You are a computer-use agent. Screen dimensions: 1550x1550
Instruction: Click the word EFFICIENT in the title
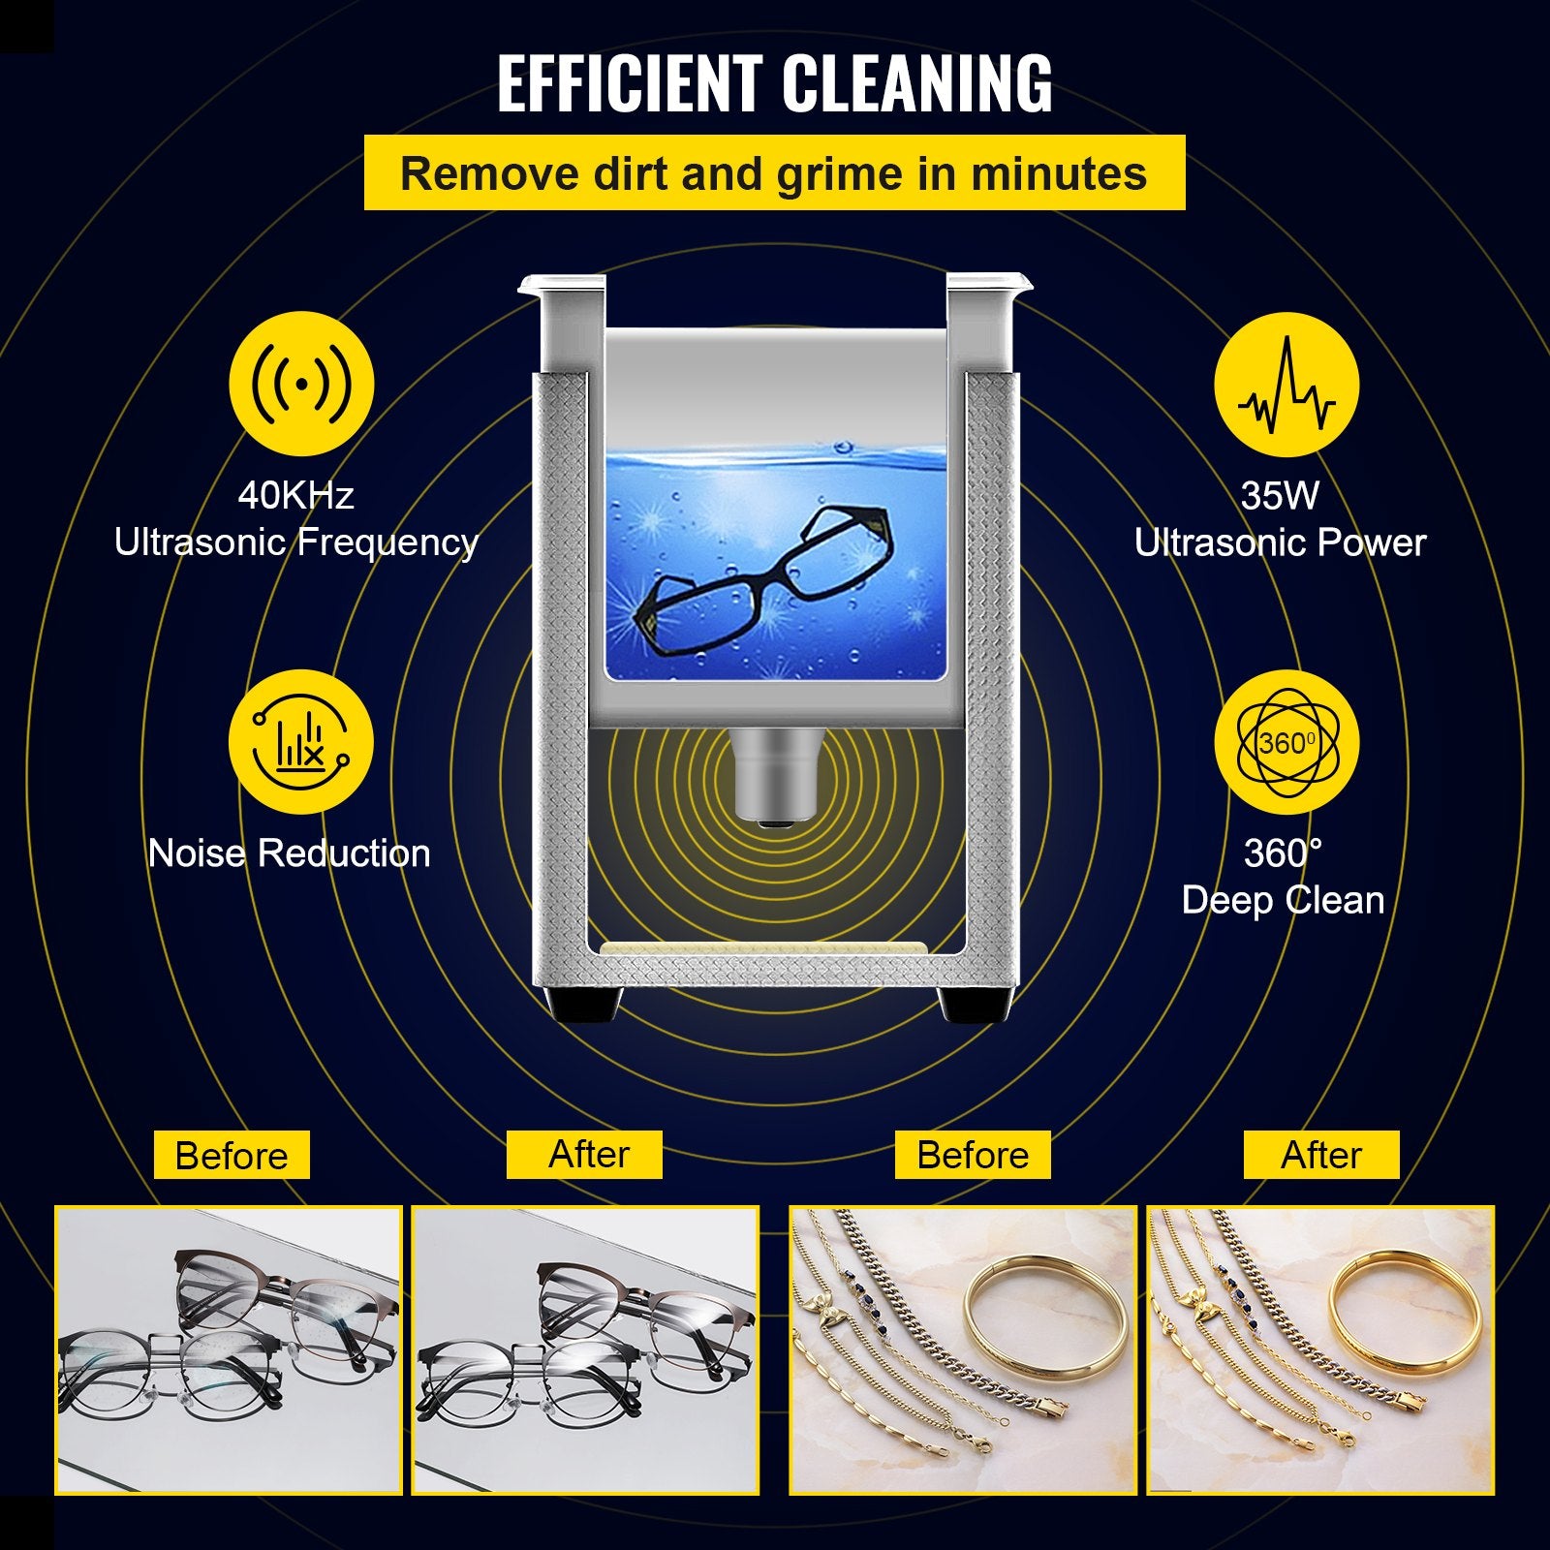(x=630, y=84)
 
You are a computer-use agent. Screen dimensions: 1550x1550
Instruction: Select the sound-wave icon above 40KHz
(x=301, y=385)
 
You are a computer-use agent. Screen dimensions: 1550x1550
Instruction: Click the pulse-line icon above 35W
(x=1286, y=385)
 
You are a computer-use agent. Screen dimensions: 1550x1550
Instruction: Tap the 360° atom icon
(x=1286, y=743)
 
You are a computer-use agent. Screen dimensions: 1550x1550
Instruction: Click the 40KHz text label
(x=295, y=495)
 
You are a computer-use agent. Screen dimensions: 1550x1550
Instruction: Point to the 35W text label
(x=1280, y=495)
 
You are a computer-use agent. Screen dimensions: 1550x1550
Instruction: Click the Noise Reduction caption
(x=289, y=853)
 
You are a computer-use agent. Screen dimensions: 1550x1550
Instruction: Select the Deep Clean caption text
(x=1283, y=901)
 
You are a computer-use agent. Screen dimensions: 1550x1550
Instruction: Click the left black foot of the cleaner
(x=583, y=1004)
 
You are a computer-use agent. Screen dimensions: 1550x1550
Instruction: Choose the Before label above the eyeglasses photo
(x=232, y=1155)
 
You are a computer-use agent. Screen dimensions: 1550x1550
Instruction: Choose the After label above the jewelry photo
(x=1321, y=1155)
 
